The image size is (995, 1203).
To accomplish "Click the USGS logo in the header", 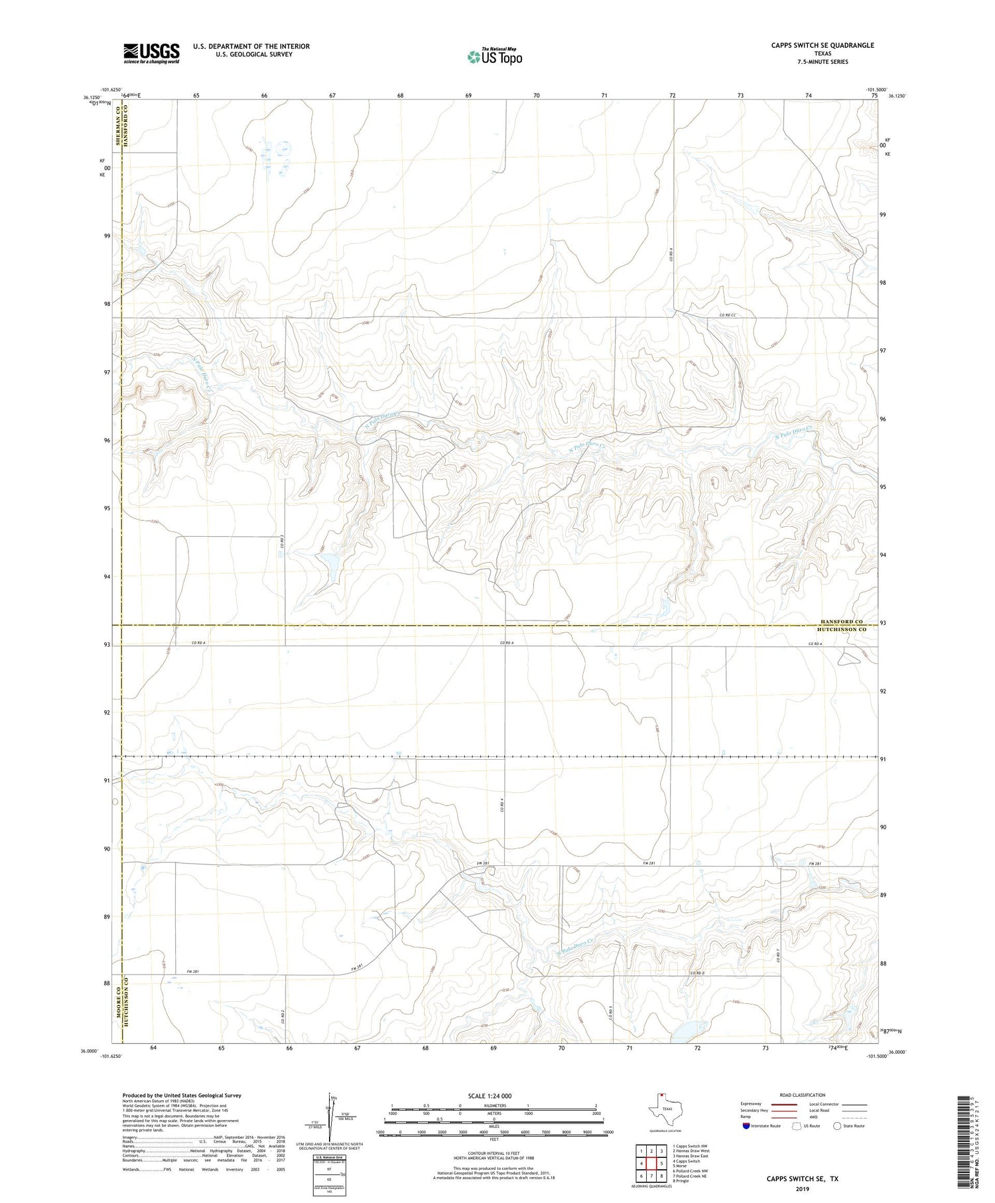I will click(x=151, y=53).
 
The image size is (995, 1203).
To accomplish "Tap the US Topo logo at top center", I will click(x=494, y=57).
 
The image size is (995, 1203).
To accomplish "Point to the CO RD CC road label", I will click(x=728, y=315).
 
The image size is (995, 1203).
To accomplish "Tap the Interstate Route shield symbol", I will click(x=746, y=1126).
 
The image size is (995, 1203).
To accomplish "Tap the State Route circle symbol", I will click(x=837, y=1126).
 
